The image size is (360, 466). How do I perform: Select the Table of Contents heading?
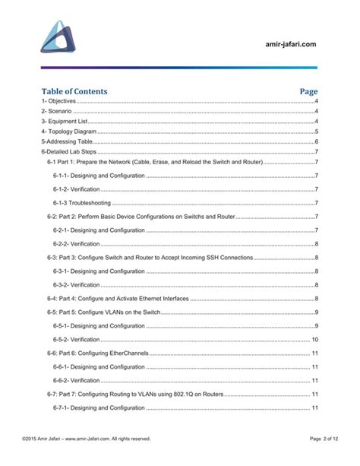[74, 91]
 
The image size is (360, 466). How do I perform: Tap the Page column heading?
[308, 91]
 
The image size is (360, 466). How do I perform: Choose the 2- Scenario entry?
[57, 111]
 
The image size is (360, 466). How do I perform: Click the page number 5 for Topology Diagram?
[315, 132]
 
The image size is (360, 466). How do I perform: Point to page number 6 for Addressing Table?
[315, 141]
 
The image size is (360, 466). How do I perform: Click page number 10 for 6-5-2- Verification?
[314, 339]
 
